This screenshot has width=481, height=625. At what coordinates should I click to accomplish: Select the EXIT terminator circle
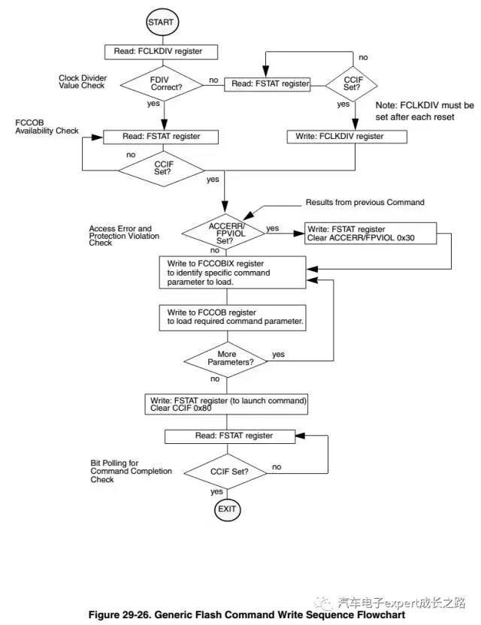point(226,509)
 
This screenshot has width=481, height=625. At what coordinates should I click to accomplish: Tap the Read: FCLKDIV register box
point(162,52)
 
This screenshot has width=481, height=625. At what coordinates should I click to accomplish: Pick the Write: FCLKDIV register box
point(346,137)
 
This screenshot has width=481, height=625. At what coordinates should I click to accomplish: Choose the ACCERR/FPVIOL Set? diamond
point(225,228)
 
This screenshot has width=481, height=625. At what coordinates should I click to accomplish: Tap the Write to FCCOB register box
point(233,316)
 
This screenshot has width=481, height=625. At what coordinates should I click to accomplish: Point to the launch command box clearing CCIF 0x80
point(227,403)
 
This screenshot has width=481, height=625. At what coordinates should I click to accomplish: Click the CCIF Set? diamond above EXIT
point(226,472)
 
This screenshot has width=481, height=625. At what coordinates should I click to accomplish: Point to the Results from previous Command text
point(365,203)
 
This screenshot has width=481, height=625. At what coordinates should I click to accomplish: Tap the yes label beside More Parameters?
point(277,354)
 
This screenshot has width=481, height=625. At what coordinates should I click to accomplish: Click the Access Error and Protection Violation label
point(120,235)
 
